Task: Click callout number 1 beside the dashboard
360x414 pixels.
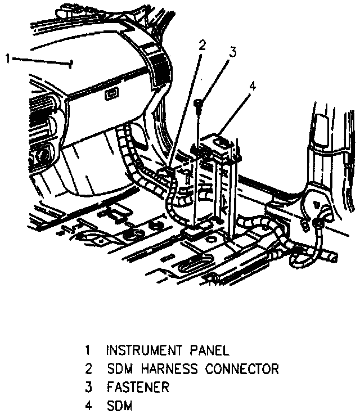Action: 7,58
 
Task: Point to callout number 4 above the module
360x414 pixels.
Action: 253,86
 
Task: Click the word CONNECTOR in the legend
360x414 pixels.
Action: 242,369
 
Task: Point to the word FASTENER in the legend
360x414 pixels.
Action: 137,387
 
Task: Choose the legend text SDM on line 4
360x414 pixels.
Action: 118,405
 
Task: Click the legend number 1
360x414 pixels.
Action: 88,350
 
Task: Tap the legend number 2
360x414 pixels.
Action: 88,369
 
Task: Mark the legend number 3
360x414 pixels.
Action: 88,387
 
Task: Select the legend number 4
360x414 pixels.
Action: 88,405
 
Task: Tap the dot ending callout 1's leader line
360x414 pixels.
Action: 71,64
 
